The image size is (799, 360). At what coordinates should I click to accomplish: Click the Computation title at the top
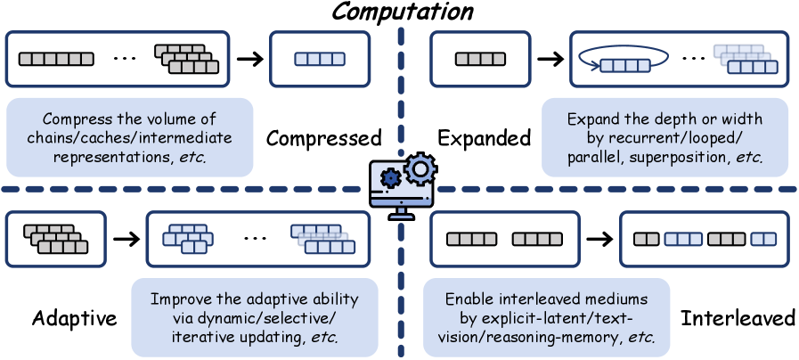pyautogui.click(x=399, y=12)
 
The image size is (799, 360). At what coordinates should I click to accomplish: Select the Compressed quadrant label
pyautogui.click(x=323, y=138)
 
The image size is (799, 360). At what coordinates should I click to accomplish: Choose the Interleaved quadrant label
pyautogui.click(x=737, y=319)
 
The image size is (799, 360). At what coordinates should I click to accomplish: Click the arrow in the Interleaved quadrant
pyautogui.click(x=598, y=239)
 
